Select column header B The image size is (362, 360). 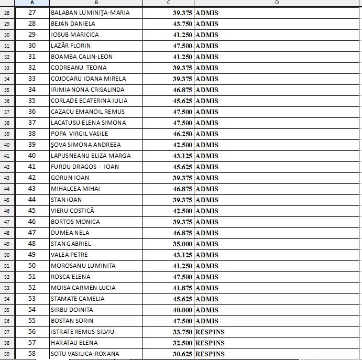[x=95, y=3]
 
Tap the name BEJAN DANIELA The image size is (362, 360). [x=73, y=24]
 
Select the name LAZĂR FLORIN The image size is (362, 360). [x=71, y=46]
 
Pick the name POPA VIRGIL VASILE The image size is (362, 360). [x=75, y=134]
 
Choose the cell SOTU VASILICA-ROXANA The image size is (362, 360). [x=85, y=354]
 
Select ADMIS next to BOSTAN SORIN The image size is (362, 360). [x=207, y=321]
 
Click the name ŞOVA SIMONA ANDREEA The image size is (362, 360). [x=85, y=145]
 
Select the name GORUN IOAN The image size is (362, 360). [x=70, y=178]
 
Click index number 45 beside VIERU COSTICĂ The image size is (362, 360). [x=32, y=211]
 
